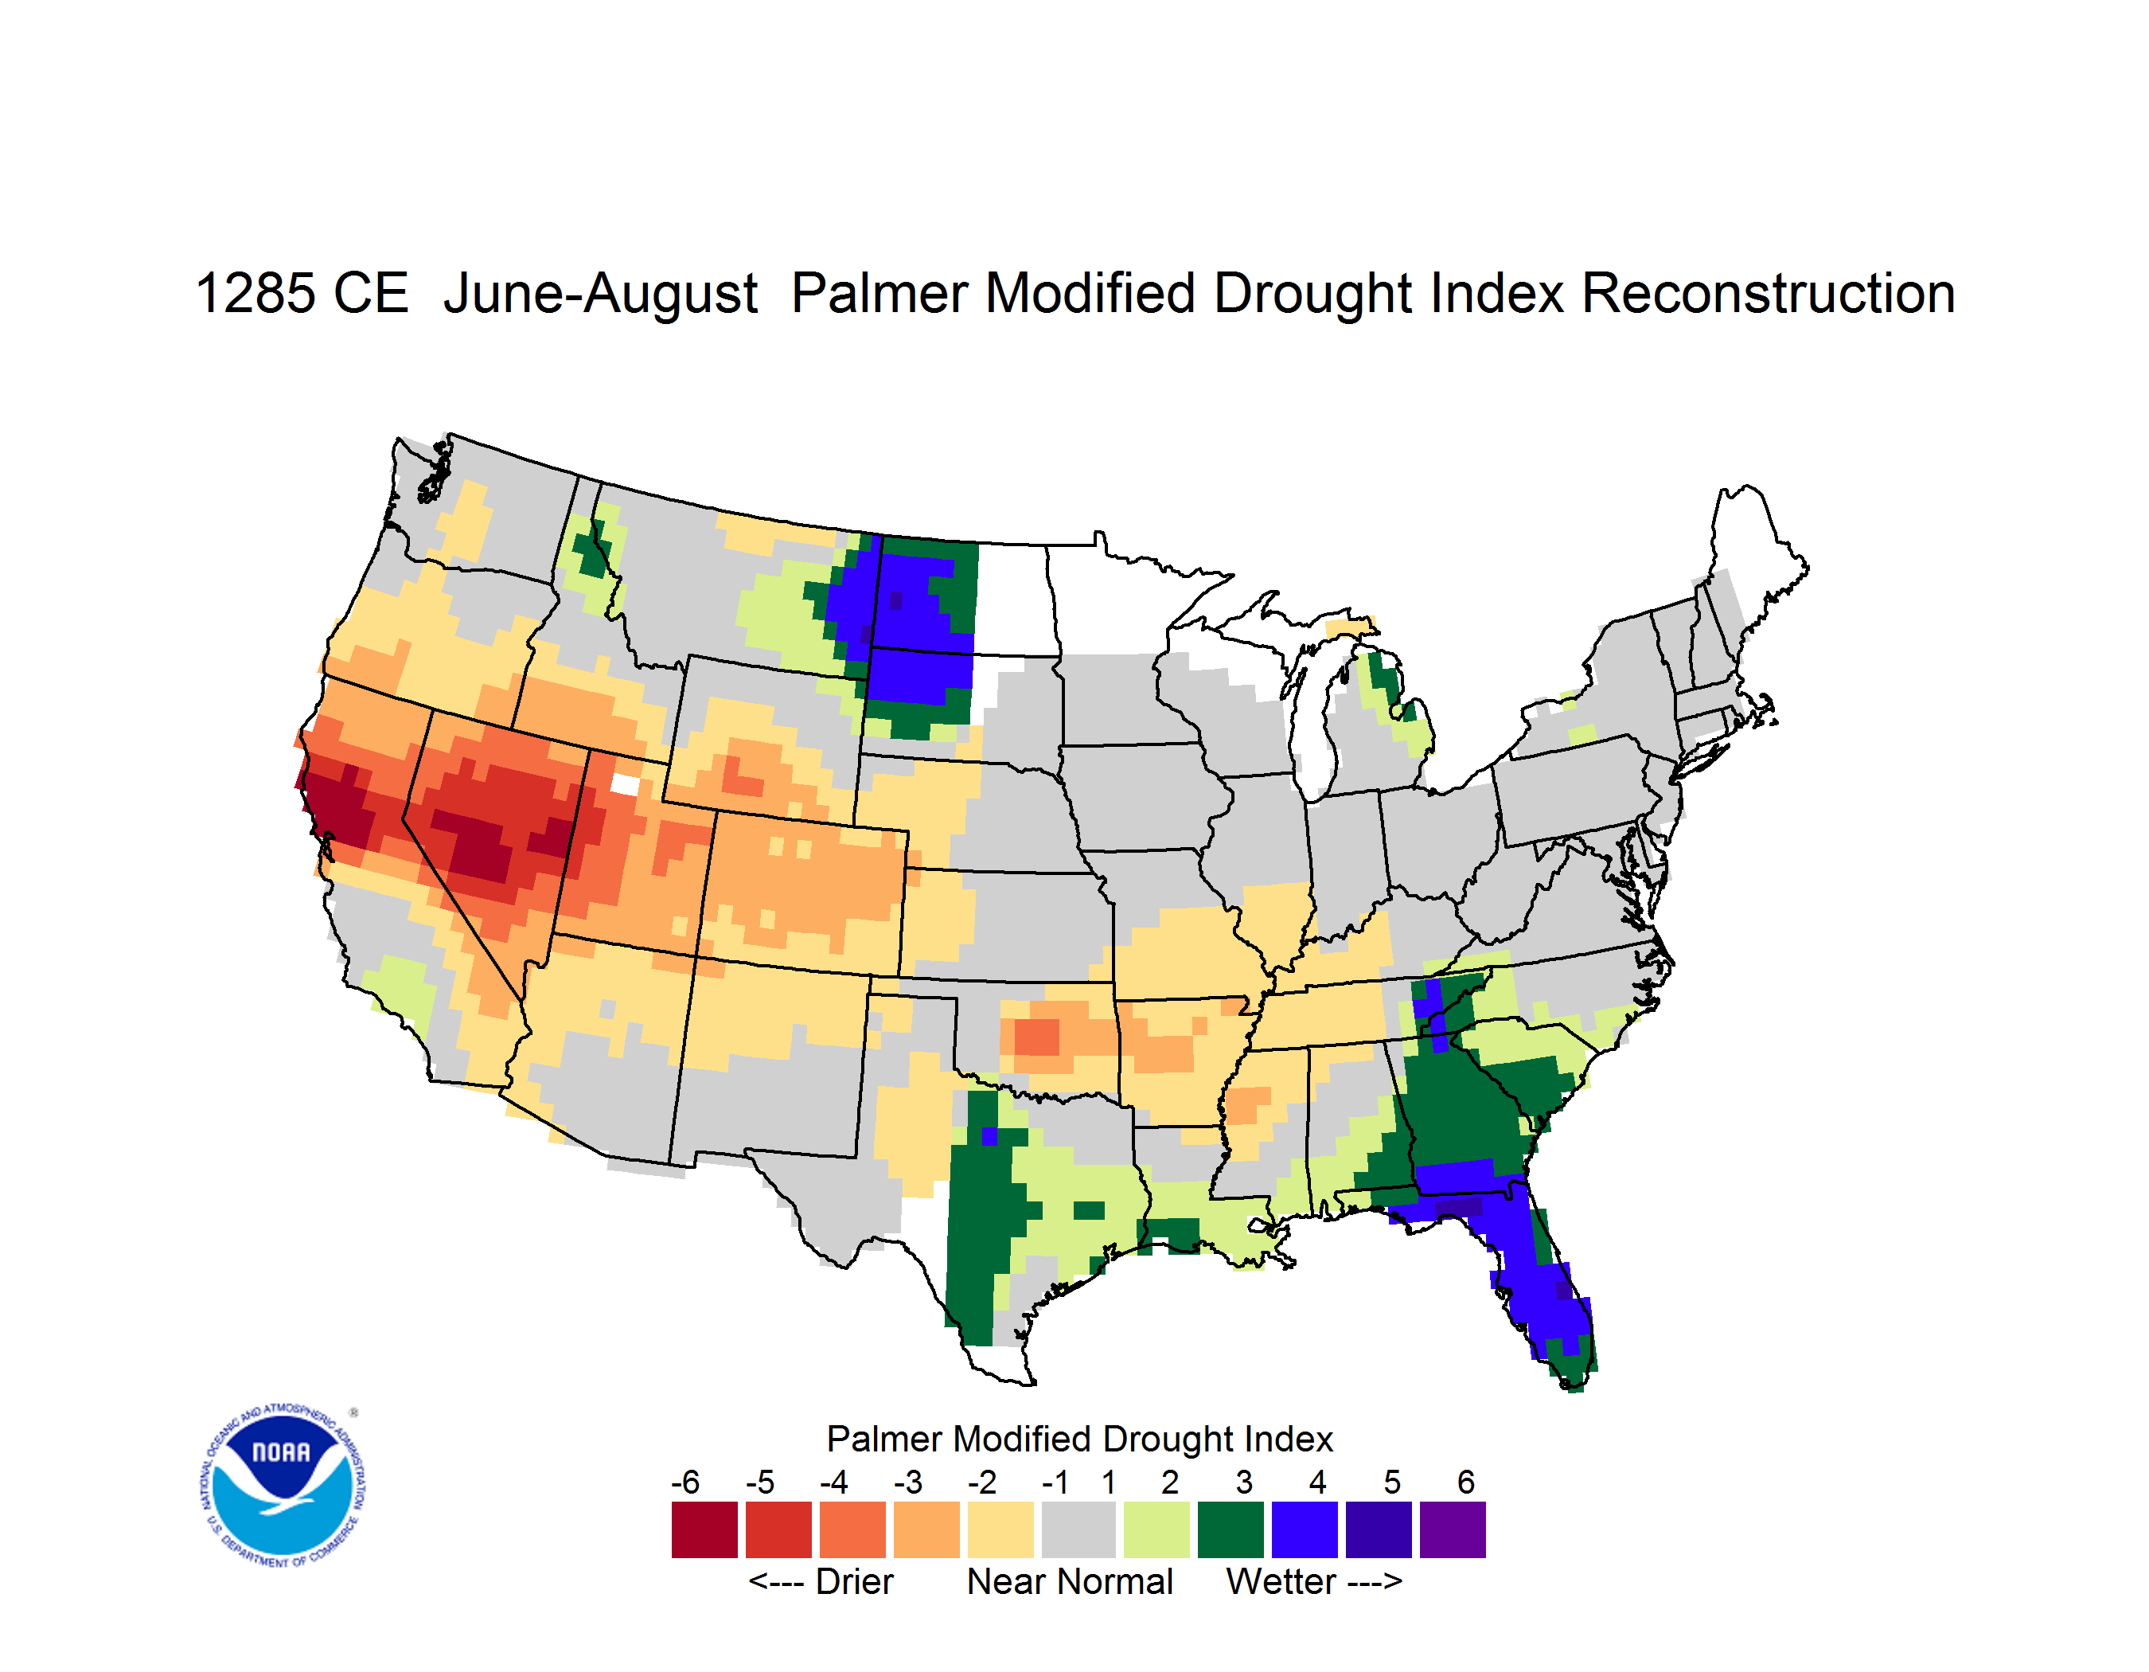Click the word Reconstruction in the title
pos(1767,293)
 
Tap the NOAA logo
pos(283,1485)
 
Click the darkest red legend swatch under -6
pos(704,1529)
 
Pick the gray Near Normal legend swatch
pos(1078,1529)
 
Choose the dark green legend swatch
pos(1230,1529)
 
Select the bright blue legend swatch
pos(1304,1529)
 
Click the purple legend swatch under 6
pos(1453,1529)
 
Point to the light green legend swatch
pos(1156,1529)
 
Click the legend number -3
pos(908,1481)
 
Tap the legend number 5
pos(1391,1481)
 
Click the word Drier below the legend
pos(854,1581)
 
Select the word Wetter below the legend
pos(1281,1581)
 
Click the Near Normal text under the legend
pos(1070,1581)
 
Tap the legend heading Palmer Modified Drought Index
pos(1079,1439)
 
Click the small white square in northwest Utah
pos(625,784)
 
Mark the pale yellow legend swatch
pos(1000,1529)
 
